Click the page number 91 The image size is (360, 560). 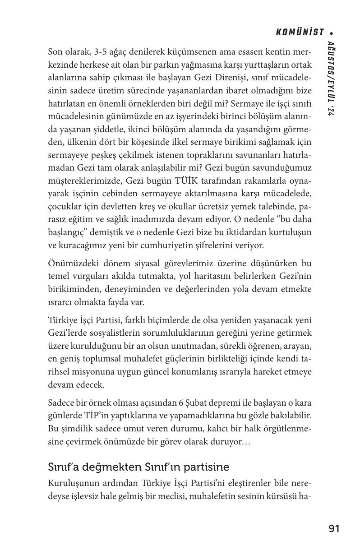pyautogui.click(x=334, y=528)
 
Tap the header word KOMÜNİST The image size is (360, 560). pyautogui.click(x=300, y=32)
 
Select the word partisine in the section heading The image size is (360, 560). pyautogui.click(x=208, y=467)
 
